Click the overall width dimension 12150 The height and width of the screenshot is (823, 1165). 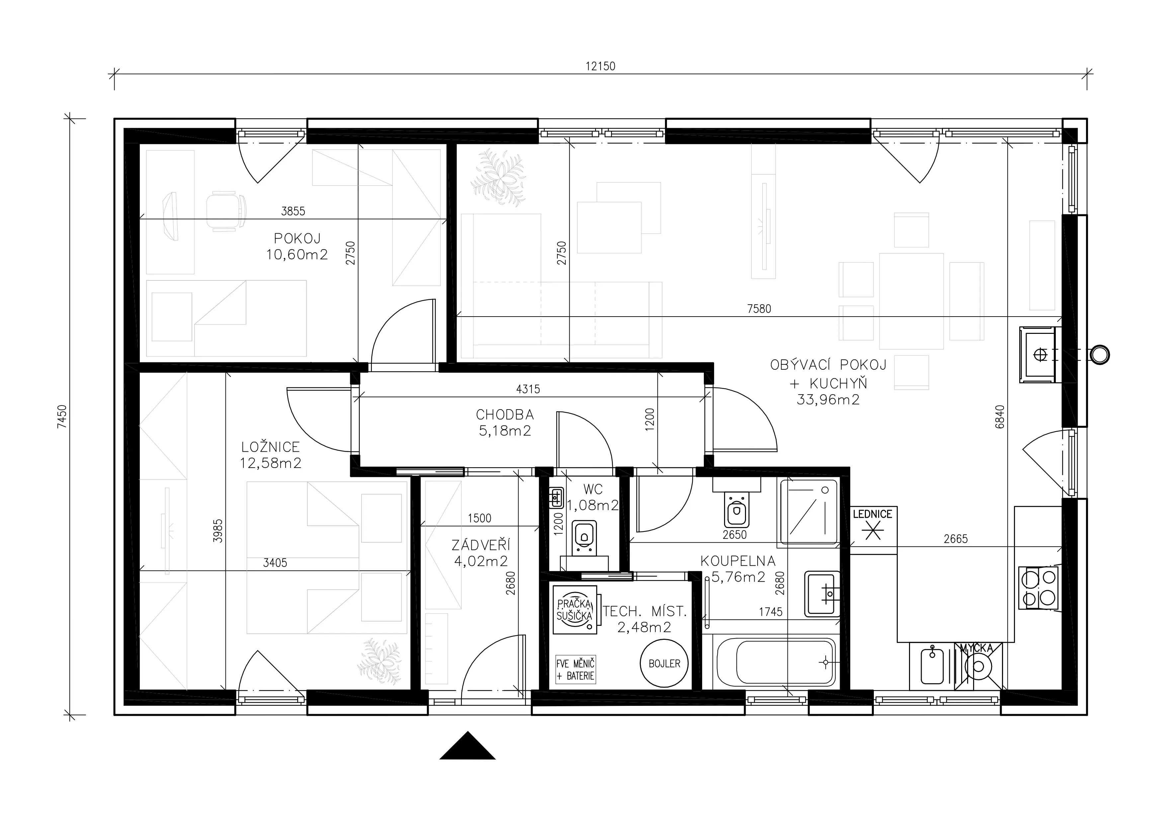pyautogui.click(x=600, y=66)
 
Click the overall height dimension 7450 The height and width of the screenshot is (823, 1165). pyautogui.click(x=62, y=417)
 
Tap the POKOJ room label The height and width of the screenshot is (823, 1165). pyautogui.click(x=297, y=238)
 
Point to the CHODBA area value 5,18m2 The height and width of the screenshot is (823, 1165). pyautogui.click(x=505, y=431)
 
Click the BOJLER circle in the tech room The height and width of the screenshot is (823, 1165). pyautogui.click(x=664, y=663)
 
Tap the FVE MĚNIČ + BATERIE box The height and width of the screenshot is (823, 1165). pyautogui.click(x=575, y=669)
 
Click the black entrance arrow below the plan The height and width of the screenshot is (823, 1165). pyautogui.click(x=467, y=746)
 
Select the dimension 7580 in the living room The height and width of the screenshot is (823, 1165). pyautogui.click(x=759, y=309)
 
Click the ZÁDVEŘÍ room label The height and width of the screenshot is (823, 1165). pyautogui.click(x=480, y=545)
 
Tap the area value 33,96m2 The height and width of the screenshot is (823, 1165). pyautogui.click(x=828, y=400)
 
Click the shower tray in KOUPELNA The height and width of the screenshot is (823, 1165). pyautogui.click(x=808, y=512)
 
